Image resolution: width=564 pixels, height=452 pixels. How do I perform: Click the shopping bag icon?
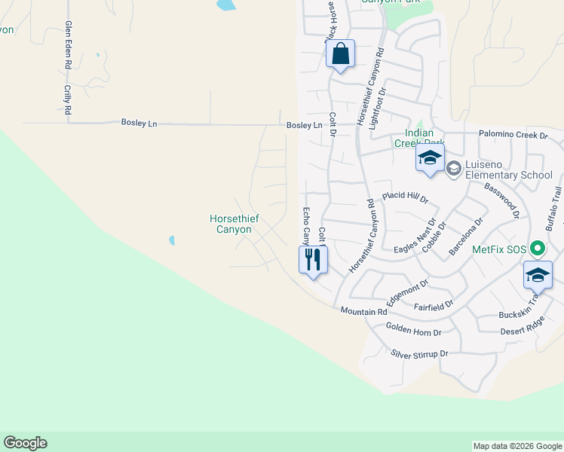(x=340, y=54)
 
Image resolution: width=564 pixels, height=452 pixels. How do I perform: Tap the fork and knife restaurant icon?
(x=312, y=260)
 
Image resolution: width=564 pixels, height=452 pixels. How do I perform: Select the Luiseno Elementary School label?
(x=509, y=169)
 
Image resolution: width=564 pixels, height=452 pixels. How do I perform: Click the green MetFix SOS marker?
(x=537, y=248)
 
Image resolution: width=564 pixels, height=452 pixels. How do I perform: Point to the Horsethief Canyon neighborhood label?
(x=234, y=224)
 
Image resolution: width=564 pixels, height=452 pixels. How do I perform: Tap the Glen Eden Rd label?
(x=68, y=45)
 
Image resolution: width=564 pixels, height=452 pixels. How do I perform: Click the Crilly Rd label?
(x=68, y=99)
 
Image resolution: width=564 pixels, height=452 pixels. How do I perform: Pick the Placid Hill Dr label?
(x=405, y=197)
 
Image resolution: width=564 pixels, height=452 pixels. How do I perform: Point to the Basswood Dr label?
(x=502, y=200)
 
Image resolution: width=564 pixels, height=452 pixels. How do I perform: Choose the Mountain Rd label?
(x=363, y=311)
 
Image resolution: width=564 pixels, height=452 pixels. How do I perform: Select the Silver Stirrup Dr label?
(x=419, y=354)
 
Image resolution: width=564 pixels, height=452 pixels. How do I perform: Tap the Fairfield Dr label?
(x=434, y=306)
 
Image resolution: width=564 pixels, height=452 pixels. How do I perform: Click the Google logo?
(x=25, y=443)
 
